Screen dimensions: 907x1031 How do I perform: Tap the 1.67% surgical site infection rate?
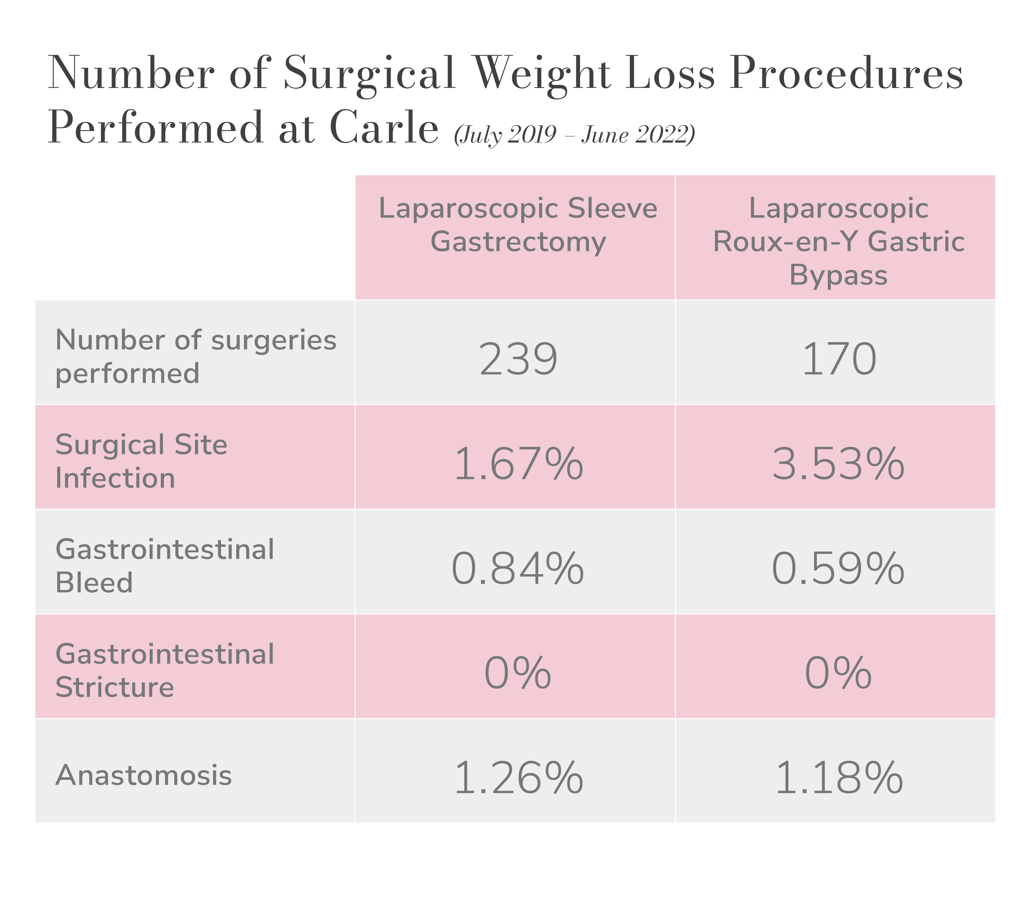(518, 464)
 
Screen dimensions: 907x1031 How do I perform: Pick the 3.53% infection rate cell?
(838, 464)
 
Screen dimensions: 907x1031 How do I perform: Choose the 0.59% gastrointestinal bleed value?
(838, 569)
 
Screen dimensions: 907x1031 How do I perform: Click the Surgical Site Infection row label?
(141, 461)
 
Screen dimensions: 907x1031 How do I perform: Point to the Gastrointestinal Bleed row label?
(165, 566)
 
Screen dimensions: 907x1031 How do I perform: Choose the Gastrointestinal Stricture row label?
(165, 671)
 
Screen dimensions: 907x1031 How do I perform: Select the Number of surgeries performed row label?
(196, 356)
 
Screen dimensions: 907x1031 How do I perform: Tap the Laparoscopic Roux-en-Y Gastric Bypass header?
(838, 242)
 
